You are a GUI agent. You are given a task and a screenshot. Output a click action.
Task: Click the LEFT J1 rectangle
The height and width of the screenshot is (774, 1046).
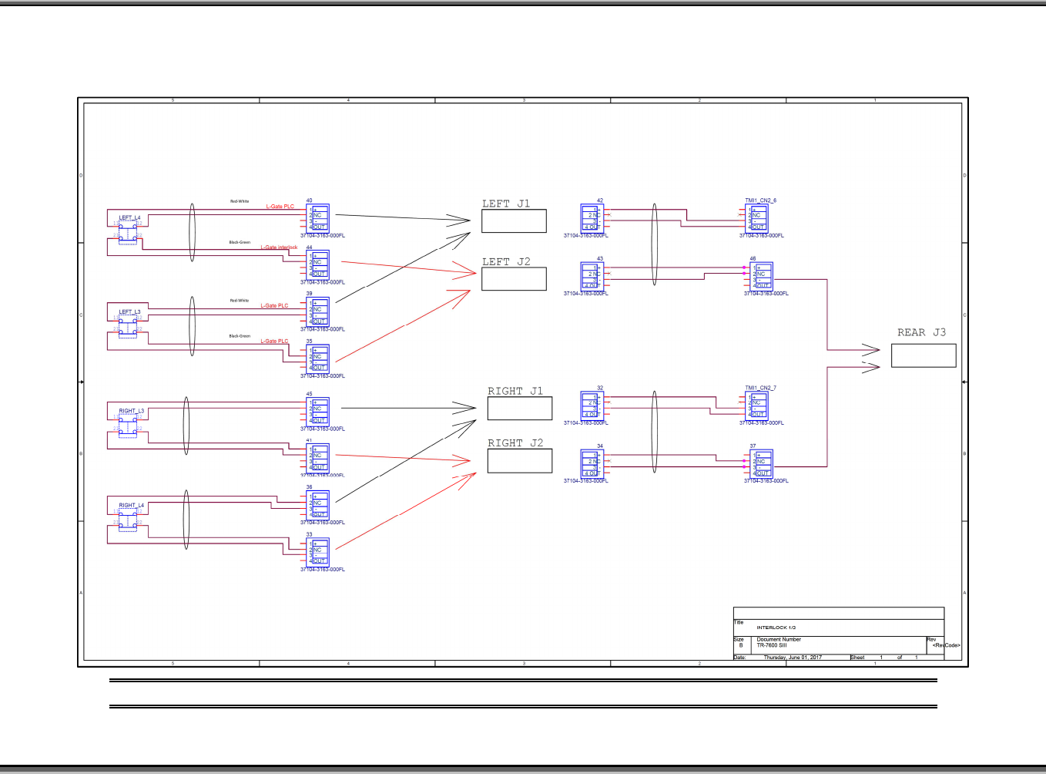[514, 221]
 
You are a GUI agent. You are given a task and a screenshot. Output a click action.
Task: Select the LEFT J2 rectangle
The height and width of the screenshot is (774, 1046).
[514, 279]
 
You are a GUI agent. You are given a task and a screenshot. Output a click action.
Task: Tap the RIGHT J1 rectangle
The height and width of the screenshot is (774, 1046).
[519, 409]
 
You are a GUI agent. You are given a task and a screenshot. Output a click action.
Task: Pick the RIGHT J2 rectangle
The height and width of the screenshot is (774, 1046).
[519, 460]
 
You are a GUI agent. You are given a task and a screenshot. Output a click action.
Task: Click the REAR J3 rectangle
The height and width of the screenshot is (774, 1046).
[924, 355]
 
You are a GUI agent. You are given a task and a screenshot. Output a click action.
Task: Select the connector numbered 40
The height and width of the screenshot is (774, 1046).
[318, 218]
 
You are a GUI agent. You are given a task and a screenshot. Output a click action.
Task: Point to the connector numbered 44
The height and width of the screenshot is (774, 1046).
[318, 265]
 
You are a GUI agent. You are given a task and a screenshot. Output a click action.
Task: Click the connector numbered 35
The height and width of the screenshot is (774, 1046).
[318, 359]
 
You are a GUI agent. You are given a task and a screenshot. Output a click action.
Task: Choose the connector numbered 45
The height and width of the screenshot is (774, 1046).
[318, 412]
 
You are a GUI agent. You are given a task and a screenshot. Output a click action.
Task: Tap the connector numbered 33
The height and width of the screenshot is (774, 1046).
[318, 553]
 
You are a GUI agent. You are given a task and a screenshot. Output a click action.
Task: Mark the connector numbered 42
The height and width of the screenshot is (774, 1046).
[592, 218]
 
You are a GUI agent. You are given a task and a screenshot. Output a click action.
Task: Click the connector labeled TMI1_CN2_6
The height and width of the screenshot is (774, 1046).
[758, 218]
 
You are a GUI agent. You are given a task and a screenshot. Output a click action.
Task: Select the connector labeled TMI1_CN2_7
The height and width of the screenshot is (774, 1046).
[758, 406]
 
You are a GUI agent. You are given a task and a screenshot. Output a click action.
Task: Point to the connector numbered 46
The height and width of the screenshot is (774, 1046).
[762, 276]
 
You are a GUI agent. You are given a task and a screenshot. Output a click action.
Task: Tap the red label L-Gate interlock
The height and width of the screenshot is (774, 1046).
[279, 247]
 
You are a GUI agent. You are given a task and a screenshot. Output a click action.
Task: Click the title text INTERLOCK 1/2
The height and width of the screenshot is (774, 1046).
[776, 628]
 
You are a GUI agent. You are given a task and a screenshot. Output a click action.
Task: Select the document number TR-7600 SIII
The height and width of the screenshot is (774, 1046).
[772, 645]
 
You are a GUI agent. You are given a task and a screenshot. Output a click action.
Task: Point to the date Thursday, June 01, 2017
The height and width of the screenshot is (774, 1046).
[793, 658]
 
